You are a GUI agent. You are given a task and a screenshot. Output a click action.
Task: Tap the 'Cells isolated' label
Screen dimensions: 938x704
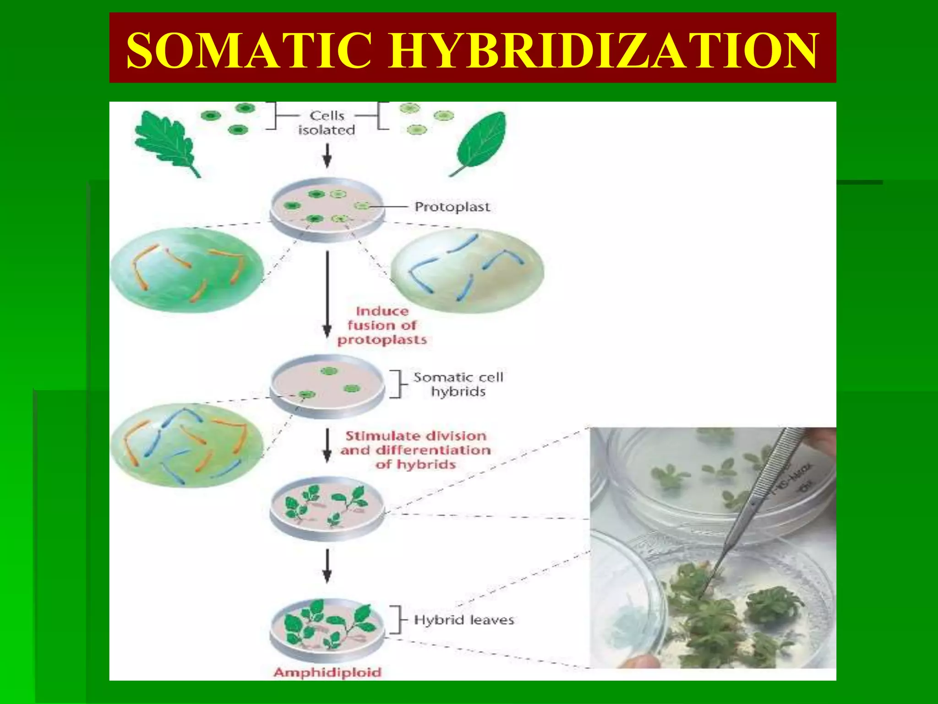pyautogui.click(x=327, y=123)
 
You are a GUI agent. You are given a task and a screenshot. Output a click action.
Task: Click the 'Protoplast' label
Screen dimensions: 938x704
pyautogui.click(x=452, y=207)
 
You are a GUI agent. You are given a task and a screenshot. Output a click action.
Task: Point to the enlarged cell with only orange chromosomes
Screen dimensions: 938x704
pyautogui.click(x=187, y=270)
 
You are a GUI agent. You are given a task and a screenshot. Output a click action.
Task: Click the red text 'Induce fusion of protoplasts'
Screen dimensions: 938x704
pyautogui.click(x=382, y=325)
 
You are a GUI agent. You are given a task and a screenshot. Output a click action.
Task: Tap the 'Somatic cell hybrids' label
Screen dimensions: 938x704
pyautogui.click(x=458, y=384)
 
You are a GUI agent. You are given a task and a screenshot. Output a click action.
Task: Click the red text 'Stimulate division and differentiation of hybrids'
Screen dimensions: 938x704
pyautogui.click(x=415, y=450)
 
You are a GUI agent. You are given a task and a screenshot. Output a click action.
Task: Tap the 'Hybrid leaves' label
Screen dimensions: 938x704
pyautogui.click(x=464, y=620)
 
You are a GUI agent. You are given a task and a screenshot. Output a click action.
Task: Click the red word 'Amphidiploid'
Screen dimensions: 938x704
pyautogui.click(x=327, y=672)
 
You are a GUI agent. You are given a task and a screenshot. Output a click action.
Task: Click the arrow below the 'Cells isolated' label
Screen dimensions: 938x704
pyautogui.click(x=327, y=156)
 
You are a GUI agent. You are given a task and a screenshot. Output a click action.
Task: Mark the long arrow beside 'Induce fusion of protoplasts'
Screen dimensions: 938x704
pyautogui.click(x=327, y=293)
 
